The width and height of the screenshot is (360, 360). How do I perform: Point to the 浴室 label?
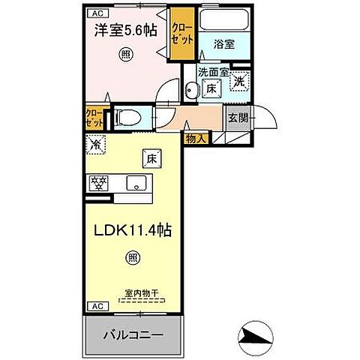coord(223,44)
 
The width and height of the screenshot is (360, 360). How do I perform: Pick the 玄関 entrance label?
coord(238,117)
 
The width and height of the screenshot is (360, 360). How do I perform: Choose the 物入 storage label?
coord(196,138)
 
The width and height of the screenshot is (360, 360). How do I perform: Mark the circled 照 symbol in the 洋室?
coord(124,54)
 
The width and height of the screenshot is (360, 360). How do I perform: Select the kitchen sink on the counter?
coord(136,182)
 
